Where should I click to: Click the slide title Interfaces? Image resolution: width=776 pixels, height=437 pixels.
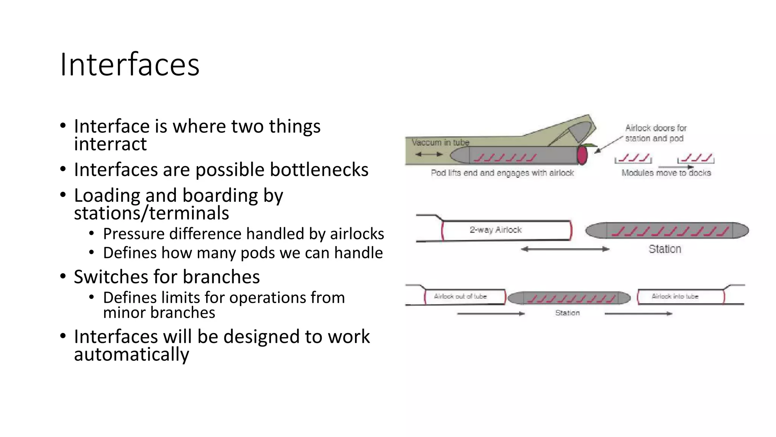130,65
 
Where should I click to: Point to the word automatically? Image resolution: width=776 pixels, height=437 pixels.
131,354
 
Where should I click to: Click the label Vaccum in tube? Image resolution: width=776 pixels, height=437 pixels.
440,142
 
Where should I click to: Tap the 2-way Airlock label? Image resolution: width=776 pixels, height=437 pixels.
496,230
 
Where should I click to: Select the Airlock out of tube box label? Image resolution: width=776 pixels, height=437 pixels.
460,296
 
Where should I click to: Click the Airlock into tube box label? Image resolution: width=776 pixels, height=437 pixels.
674,296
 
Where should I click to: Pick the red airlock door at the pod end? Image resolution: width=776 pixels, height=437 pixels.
582,155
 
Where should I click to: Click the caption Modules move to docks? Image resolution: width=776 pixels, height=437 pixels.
666,173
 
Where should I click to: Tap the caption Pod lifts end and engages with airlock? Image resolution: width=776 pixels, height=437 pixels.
502,173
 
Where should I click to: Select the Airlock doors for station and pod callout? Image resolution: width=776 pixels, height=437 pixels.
655,133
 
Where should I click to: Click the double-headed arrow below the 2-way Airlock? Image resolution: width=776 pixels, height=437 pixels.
565,249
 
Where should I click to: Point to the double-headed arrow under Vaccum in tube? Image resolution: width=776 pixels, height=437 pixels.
429,154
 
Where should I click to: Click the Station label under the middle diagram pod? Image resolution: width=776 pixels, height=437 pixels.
665,249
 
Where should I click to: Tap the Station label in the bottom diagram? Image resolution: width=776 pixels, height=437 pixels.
567,313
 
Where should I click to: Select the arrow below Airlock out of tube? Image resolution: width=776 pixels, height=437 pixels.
491,314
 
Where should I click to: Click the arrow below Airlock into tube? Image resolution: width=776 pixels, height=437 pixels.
638,314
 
